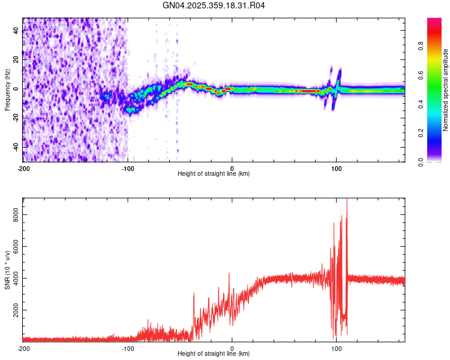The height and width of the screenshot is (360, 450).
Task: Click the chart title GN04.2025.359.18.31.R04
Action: point(214,6)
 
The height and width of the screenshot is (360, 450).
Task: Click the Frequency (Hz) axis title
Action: point(7,90)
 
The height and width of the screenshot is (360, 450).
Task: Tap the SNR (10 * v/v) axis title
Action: point(7,269)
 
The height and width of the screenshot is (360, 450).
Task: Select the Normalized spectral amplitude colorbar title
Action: point(446,90)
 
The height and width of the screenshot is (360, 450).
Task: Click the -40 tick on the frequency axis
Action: point(16,147)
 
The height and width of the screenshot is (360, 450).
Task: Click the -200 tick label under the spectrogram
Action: point(23,168)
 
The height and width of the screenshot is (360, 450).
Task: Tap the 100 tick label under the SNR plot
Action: point(337,349)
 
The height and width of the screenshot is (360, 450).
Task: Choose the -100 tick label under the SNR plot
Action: point(128,349)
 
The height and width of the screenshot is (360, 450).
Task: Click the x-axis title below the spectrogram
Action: point(214,174)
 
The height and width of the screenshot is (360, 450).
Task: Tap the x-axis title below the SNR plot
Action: point(214,354)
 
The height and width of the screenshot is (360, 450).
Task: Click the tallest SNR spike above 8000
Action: point(347,201)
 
